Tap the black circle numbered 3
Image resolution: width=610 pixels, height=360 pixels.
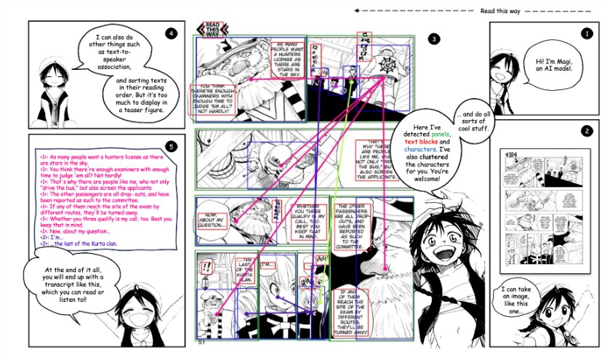point(434,39)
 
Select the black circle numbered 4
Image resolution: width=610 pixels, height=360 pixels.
point(171,33)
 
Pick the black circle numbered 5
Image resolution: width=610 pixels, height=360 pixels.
point(170,146)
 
